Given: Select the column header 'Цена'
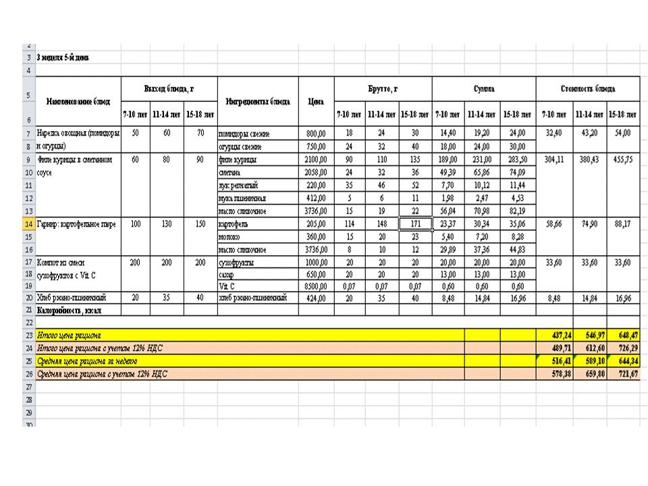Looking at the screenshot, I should [x=315, y=102].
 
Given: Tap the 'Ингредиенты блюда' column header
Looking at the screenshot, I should [x=257, y=102].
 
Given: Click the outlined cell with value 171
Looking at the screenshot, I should [x=414, y=223].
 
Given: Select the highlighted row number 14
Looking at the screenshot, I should [x=29, y=223].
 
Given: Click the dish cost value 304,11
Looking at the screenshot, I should [x=554, y=160].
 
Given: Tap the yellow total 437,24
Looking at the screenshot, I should [x=554, y=335].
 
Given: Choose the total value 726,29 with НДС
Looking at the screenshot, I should [x=623, y=348].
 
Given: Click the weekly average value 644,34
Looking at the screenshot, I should [x=623, y=360].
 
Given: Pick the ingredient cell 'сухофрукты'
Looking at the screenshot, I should [x=237, y=261].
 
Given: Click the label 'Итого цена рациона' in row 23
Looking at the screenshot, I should [x=69, y=335].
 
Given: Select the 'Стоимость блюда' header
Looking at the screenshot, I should [x=587, y=88].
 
